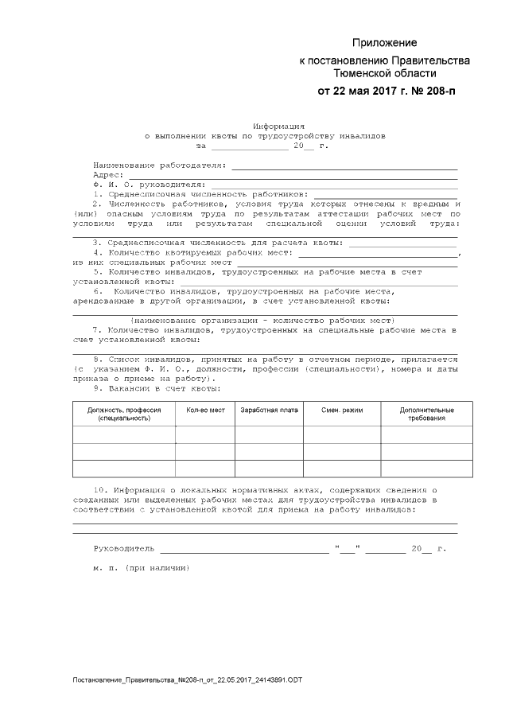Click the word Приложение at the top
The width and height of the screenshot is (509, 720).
tap(385, 43)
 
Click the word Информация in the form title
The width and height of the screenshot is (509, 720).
tap(278, 126)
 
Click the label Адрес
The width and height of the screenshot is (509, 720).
tap(107, 174)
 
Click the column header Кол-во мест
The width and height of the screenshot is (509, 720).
tap(205, 410)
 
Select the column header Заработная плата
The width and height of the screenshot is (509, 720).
tap(269, 410)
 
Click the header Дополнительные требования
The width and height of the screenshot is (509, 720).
tap(427, 414)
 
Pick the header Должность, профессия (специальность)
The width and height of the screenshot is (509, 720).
tap(124, 414)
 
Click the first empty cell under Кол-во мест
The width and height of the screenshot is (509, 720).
tap(205, 434)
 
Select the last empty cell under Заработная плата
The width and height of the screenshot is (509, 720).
tap(269, 469)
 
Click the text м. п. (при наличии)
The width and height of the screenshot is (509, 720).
tap(141, 569)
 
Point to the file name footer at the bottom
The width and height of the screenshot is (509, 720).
tap(187, 680)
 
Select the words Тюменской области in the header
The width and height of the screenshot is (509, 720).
tap(384, 72)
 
